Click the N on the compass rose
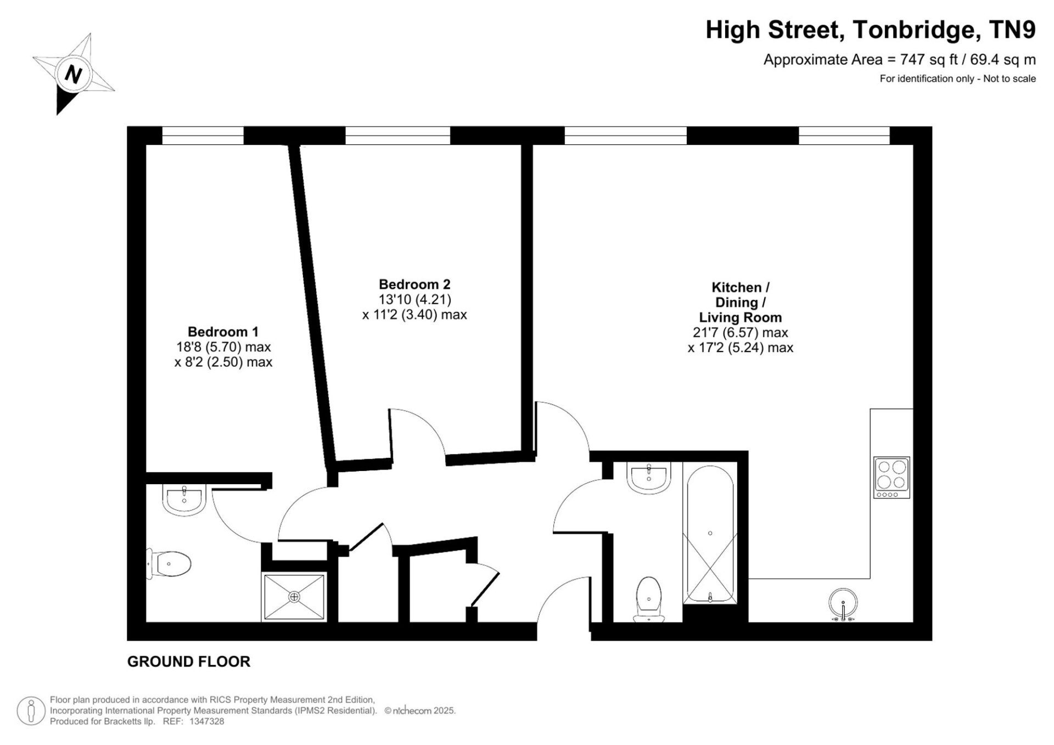[73, 74]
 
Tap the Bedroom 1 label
[223, 332]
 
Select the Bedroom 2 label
[414, 284]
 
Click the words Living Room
[740, 317]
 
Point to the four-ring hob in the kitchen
[892, 478]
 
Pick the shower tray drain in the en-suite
[294, 596]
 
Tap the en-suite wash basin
[184, 500]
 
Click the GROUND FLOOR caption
[189, 662]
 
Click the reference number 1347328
[206, 721]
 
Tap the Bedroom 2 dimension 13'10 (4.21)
[415, 300]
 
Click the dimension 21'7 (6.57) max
[741, 333]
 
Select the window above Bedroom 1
[203, 136]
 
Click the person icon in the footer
[31, 711]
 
